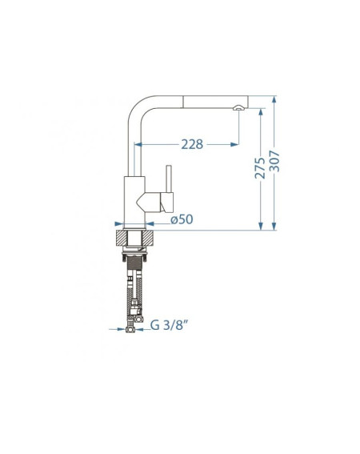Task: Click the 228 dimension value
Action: pos(192,144)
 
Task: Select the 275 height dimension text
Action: pos(260,168)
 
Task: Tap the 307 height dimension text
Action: pos(274,161)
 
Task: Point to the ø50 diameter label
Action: pos(182,219)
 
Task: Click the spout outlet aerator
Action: pos(238,108)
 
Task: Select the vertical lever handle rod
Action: pos(169,179)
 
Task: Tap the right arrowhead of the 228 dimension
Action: pos(234,144)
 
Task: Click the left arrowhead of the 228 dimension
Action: pos(138,144)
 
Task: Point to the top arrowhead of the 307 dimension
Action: pos(274,100)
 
